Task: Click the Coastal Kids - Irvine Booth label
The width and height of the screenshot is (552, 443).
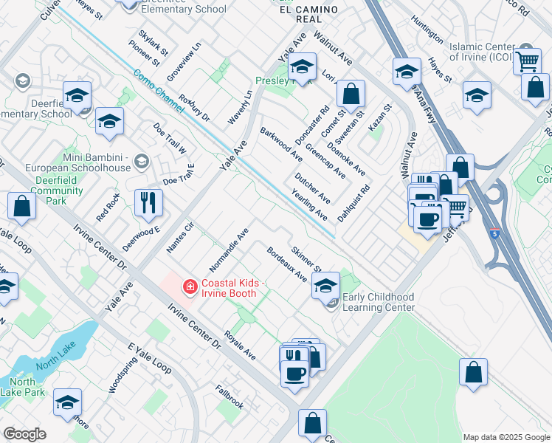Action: pos(228,287)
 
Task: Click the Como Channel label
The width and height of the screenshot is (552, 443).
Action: pos(159,92)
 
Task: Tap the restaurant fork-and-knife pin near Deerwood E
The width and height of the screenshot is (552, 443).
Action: pos(148,202)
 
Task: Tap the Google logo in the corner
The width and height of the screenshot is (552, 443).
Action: pos(24,433)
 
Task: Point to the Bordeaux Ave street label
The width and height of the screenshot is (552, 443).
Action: pos(287,264)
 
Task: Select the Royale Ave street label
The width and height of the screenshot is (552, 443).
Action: pos(240,345)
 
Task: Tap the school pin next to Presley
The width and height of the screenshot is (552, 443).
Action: pos(301,67)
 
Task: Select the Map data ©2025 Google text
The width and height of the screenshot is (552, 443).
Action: pos(506,437)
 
